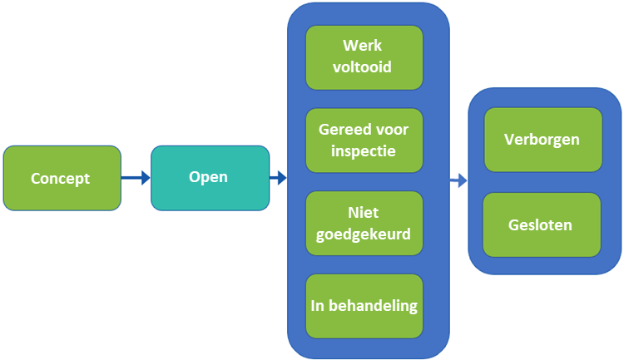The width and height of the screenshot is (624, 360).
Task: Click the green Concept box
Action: point(62,178)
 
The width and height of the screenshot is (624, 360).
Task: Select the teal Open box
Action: point(210,177)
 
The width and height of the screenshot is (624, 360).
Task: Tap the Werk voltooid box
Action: point(364,57)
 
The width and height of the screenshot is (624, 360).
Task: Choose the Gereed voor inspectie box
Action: point(364,140)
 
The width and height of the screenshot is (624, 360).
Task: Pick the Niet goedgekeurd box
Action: point(364,223)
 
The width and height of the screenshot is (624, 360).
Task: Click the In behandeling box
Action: point(364,305)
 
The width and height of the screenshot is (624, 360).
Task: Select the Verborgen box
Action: point(542,139)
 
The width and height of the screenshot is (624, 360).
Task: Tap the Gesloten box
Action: point(542,224)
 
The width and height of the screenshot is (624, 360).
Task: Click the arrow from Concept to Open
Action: point(136,177)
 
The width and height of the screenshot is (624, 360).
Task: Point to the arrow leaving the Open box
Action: point(278,177)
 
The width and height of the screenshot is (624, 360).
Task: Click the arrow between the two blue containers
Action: point(458,180)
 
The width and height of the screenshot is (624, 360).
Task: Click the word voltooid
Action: point(364,67)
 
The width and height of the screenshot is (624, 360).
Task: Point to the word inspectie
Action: point(364,151)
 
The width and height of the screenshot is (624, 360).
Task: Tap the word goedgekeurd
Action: point(364,234)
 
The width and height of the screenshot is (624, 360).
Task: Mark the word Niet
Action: point(364,213)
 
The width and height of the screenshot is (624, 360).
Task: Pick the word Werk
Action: point(364,46)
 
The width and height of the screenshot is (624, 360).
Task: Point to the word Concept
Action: point(60,179)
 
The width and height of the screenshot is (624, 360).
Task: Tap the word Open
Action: point(208,177)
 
